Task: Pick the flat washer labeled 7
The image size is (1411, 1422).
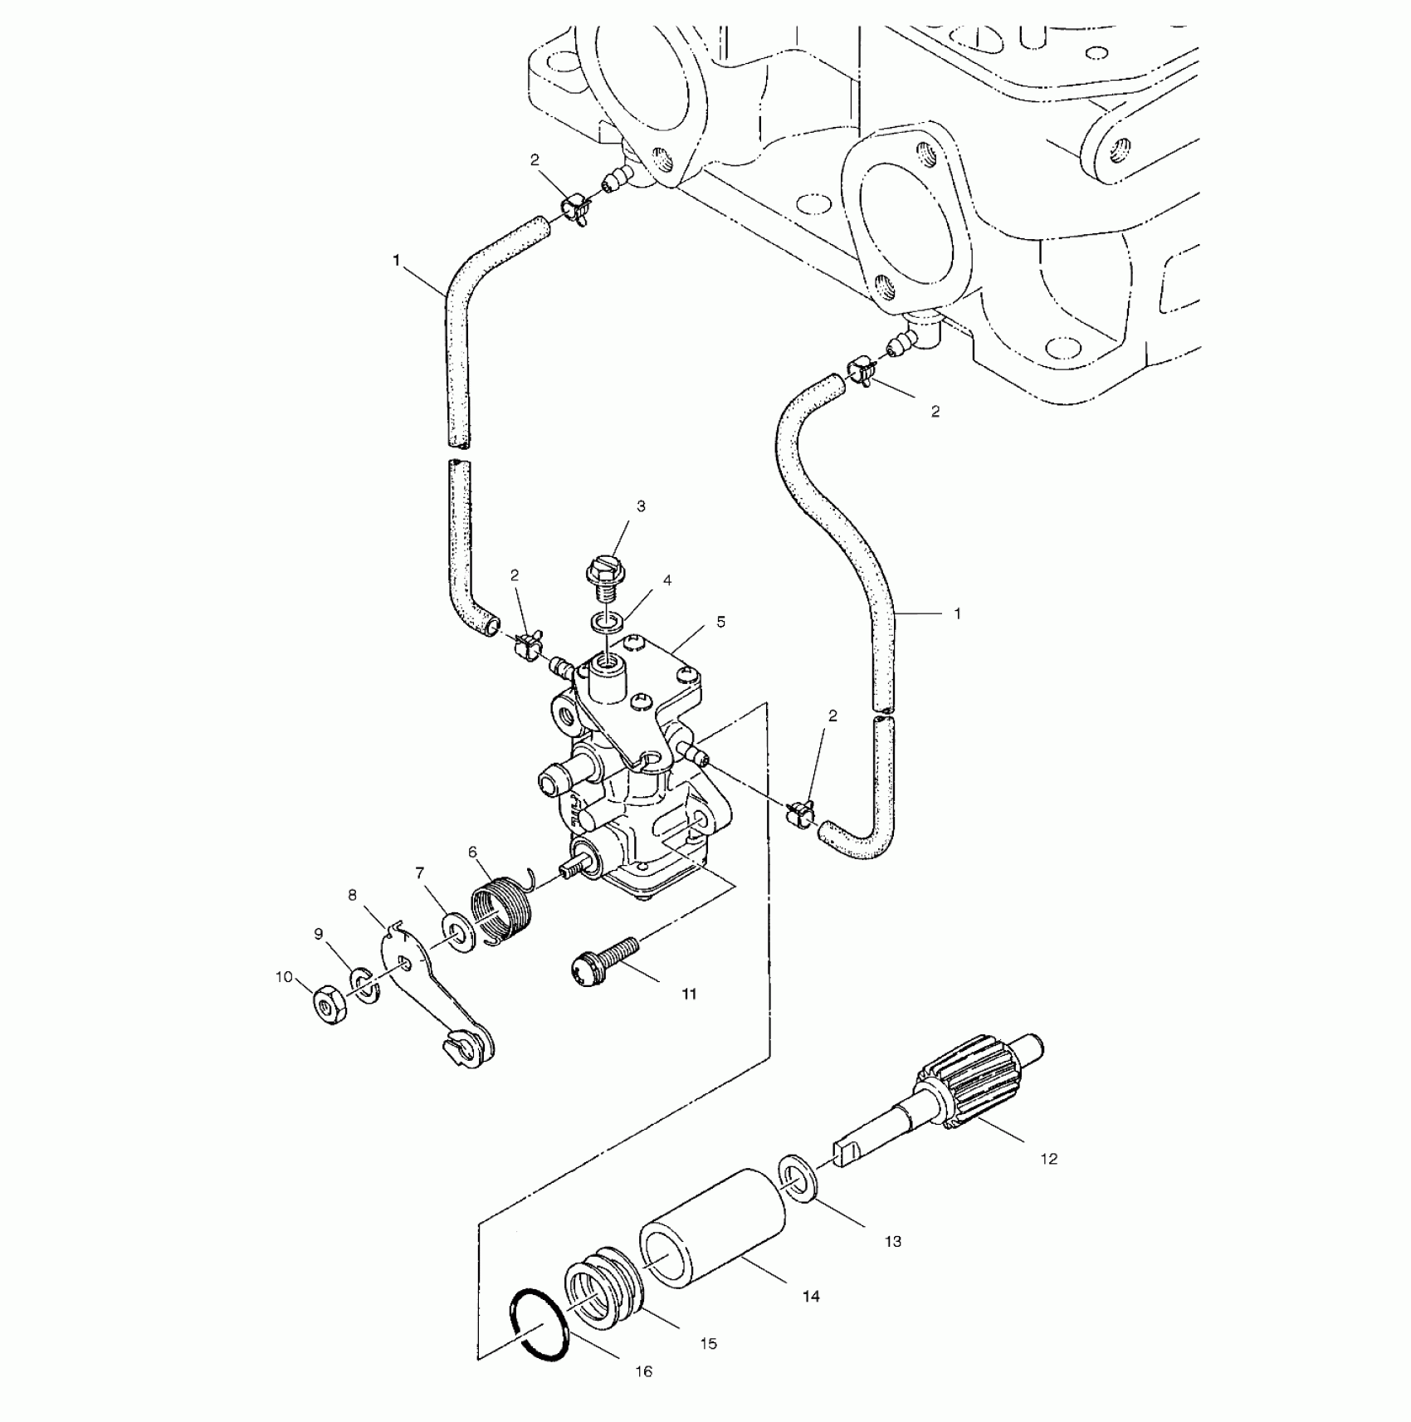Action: [457, 934]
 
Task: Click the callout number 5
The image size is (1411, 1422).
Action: [720, 622]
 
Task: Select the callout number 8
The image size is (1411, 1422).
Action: [353, 895]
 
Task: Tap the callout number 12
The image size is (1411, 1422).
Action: [1049, 1158]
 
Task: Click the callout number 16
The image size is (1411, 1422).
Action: [644, 1371]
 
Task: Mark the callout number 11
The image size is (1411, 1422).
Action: [690, 994]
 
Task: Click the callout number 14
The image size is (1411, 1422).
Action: [811, 1295]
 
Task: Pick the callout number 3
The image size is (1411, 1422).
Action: [641, 506]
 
